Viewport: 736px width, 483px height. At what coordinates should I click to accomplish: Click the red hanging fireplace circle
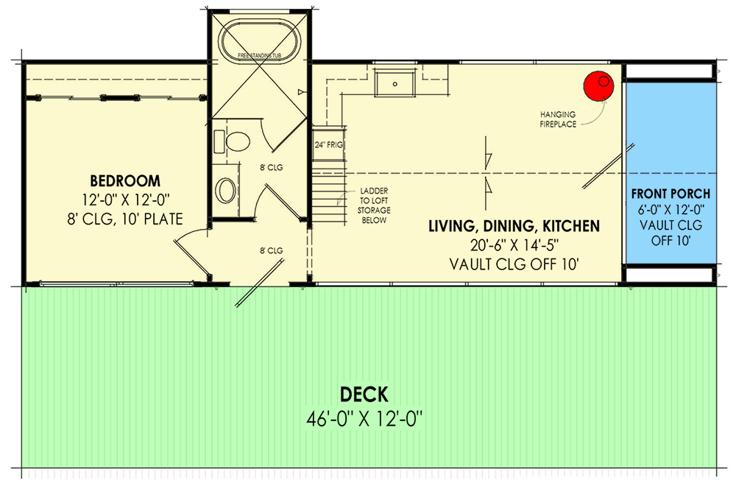click(x=598, y=87)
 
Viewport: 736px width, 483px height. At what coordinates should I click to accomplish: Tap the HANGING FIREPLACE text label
click(x=558, y=119)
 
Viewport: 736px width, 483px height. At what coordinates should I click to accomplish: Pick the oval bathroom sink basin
click(x=226, y=189)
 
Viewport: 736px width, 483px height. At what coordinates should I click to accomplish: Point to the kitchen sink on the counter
click(x=395, y=83)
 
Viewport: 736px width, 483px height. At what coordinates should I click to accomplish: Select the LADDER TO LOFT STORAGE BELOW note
click(x=375, y=205)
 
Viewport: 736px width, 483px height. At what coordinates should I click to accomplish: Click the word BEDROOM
click(x=125, y=180)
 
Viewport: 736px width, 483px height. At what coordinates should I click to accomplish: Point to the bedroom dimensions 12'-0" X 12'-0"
click(x=125, y=200)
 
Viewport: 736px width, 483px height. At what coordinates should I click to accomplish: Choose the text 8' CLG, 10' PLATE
click(x=125, y=218)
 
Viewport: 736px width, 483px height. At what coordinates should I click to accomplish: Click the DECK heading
click(x=364, y=395)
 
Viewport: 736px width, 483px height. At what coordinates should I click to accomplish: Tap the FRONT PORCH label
click(x=670, y=194)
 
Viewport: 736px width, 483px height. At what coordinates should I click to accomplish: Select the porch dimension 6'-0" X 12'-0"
click(x=670, y=210)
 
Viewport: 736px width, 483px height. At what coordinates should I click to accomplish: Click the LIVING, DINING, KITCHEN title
click(x=514, y=226)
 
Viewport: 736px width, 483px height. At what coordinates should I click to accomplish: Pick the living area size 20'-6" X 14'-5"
click(x=514, y=245)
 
